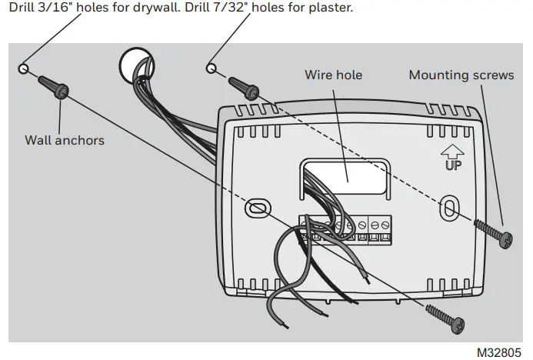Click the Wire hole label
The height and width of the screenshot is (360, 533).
coord(333,75)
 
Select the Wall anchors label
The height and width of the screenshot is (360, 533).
coord(64,140)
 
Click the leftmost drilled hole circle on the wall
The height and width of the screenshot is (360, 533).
coord(25,69)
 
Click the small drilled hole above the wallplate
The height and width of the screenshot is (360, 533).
coord(210,68)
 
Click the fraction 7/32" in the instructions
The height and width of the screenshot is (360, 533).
coord(224,8)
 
